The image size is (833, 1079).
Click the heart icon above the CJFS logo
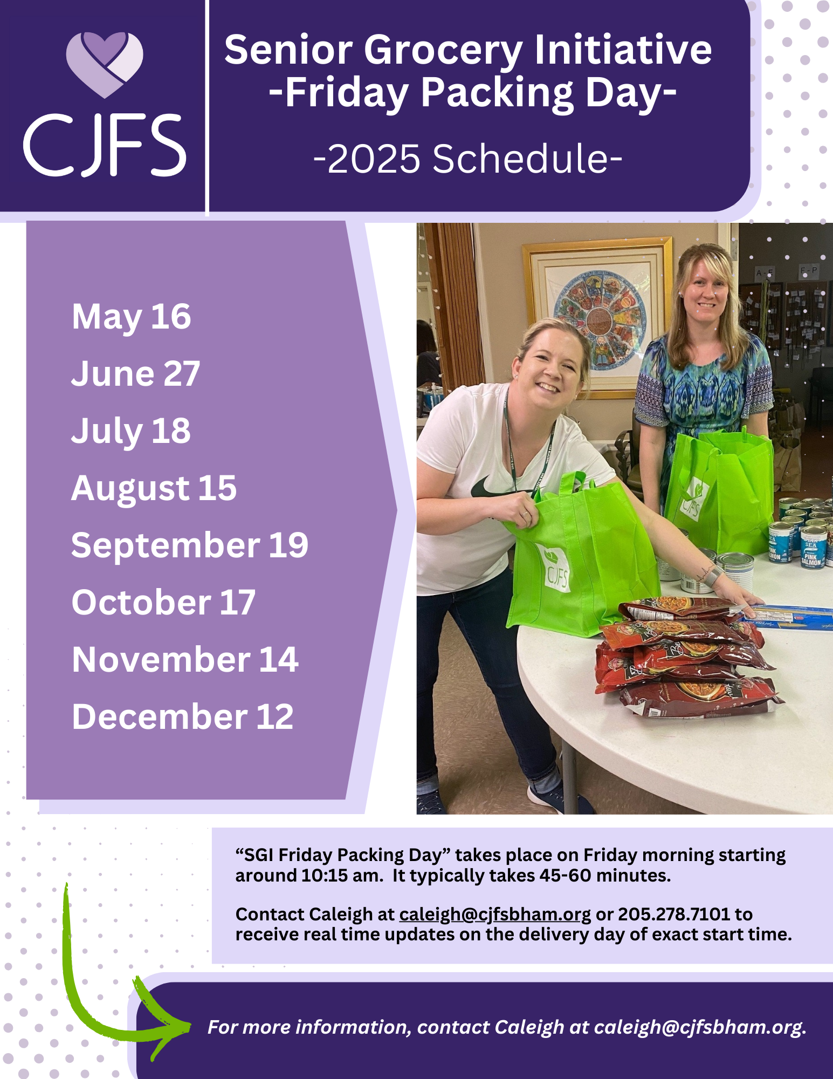coord(105,64)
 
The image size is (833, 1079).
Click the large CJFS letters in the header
coord(105,145)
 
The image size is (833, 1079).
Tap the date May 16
coord(132,317)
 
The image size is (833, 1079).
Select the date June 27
coord(136,373)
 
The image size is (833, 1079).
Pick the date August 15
coord(154,488)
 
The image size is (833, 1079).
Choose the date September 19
coord(190,545)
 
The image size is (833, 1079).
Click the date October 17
coord(163,602)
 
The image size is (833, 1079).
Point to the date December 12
coord(183,716)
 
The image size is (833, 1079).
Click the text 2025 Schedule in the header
coord(468,159)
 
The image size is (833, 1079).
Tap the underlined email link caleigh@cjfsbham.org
coord(495,914)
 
